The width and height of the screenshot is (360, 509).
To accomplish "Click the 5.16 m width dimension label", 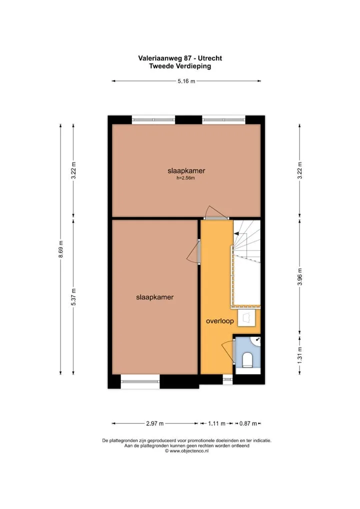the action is click(186, 81).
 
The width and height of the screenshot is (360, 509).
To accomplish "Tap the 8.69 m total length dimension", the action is click(60, 249).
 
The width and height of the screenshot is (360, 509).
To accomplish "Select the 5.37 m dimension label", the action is click(73, 296).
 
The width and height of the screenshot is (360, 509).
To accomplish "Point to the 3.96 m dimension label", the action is click(300, 277).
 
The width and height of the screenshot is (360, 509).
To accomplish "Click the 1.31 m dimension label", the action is click(300, 354).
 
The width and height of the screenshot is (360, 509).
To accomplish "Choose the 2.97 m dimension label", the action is click(155, 423).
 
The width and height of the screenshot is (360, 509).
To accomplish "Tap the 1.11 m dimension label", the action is click(216, 423).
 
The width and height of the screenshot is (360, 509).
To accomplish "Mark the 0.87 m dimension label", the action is click(248, 423).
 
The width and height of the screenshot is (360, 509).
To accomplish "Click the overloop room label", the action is click(220, 321).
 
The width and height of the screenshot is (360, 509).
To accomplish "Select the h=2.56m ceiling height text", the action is click(185, 178).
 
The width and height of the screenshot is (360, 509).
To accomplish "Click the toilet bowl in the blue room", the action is click(247, 360).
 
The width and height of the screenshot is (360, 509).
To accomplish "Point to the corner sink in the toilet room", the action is click(256, 340).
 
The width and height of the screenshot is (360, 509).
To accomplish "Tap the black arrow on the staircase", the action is click(236, 233).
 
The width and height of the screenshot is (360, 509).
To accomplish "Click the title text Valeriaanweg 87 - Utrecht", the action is click(180, 58).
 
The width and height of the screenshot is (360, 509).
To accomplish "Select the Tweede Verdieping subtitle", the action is click(180, 66).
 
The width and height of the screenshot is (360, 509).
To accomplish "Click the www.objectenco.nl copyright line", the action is click(186, 451).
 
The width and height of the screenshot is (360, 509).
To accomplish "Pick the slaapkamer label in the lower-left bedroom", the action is click(155, 297).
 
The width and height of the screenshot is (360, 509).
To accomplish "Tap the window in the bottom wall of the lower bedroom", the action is click(140, 381).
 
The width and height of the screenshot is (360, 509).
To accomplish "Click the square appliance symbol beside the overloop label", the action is click(246, 318).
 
